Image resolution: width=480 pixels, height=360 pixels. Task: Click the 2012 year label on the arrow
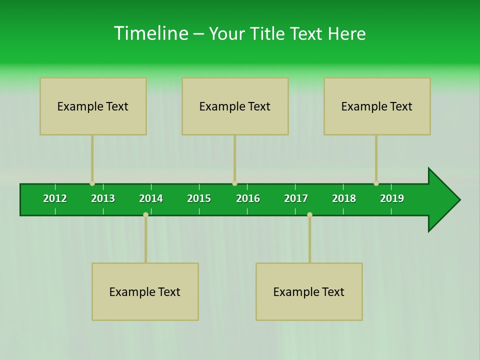[x=55, y=198]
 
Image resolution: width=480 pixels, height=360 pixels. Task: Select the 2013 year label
[x=103, y=198]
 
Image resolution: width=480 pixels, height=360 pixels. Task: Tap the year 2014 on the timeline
[x=151, y=198]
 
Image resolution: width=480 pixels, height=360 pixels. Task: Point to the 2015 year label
[x=199, y=198]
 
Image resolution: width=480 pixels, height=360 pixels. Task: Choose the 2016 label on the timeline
[x=248, y=198]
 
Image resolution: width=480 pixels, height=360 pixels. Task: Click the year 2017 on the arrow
[x=296, y=198]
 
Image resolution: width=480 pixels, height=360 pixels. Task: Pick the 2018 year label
[x=344, y=198]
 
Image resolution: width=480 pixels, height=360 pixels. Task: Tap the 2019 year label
[x=392, y=198]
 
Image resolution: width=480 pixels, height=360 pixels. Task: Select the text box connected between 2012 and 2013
[x=93, y=106]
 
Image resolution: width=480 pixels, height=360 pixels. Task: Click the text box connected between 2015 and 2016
[x=235, y=106]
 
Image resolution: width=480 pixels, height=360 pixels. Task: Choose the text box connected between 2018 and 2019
[x=377, y=106]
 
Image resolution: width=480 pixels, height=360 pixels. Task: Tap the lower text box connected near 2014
[x=145, y=292]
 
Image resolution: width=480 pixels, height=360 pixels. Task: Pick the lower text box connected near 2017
[x=309, y=292]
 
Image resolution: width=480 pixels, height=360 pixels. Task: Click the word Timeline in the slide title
[x=150, y=33]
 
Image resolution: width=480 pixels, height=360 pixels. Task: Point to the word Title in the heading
[x=268, y=34]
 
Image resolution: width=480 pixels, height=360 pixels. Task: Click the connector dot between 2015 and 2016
[x=234, y=183]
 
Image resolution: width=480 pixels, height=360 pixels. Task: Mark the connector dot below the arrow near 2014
[x=145, y=214]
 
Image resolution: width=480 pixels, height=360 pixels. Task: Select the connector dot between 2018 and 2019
[x=376, y=183]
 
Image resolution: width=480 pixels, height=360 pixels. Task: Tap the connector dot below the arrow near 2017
[x=309, y=214]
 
